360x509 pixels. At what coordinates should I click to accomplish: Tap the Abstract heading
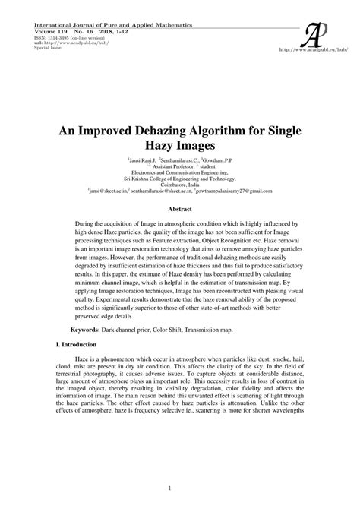coord(180,207)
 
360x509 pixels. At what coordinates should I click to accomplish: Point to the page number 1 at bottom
coord(180,488)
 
